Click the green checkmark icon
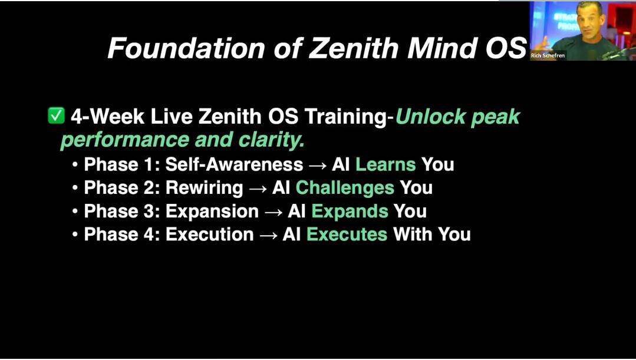(56, 116)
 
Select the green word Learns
(385, 164)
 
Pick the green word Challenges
(345, 188)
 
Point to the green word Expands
(350, 211)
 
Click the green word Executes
(347, 235)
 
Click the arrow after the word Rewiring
(257, 189)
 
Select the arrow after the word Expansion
(273, 212)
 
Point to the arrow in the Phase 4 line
(268, 235)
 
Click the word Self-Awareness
(234, 164)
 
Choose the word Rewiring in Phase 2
(204, 188)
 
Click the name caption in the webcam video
(548, 56)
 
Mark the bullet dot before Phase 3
(75, 212)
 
